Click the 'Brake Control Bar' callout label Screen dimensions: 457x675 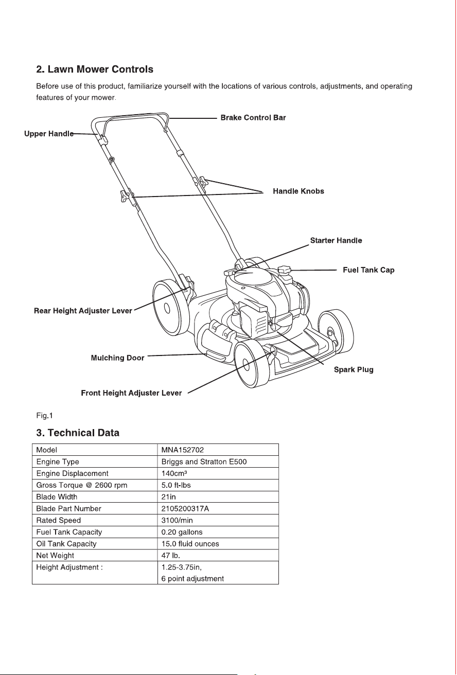(x=253, y=117)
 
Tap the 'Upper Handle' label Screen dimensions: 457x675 (x=49, y=134)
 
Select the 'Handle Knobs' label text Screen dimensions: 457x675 (x=298, y=191)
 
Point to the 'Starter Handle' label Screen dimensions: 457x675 (x=336, y=240)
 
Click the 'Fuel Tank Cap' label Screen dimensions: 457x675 (x=368, y=270)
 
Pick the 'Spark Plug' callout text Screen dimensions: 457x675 (x=354, y=370)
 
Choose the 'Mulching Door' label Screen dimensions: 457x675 (x=117, y=358)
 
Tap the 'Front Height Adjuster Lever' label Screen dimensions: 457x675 (x=131, y=393)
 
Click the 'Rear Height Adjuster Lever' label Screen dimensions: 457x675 (x=83, y=311)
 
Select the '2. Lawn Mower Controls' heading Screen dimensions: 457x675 (x=95, y=69)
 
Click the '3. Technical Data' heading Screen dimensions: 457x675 (x=78, y=433)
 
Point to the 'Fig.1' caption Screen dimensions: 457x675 (x=44, y=416)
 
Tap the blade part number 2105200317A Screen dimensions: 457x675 (x=185, y=509)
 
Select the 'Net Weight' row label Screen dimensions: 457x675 (x=55, y=555)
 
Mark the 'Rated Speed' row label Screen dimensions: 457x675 (x=59, y=521)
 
